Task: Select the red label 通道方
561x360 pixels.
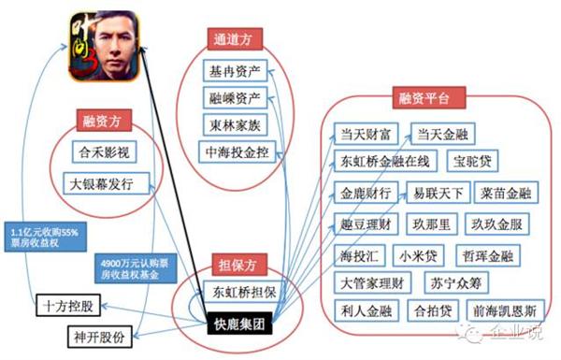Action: click(x=235, y=39)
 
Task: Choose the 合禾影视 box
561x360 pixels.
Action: click(x=103, y=151)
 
